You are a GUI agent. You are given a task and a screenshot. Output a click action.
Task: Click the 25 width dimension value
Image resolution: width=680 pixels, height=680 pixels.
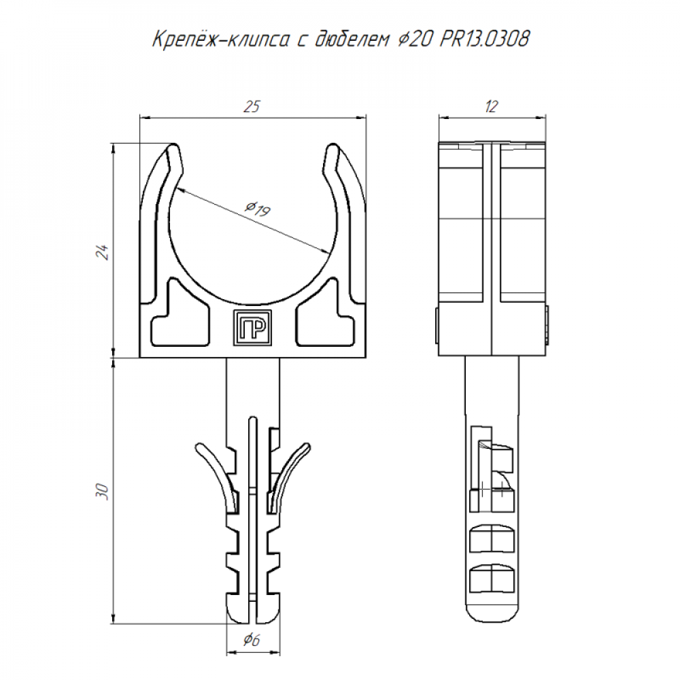[252, 106]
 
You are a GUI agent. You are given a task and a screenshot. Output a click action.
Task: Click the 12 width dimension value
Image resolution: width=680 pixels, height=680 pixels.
[492, 106]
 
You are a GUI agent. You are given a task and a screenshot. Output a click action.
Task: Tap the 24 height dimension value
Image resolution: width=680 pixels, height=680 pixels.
[103, 252]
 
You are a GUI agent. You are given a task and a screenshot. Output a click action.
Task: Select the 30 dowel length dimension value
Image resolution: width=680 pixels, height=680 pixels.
[103, 492]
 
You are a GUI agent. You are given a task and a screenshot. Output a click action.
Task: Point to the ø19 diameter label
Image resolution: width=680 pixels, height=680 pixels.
[258, 208]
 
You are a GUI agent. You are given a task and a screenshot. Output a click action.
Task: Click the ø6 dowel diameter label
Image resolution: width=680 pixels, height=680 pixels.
[252, 639]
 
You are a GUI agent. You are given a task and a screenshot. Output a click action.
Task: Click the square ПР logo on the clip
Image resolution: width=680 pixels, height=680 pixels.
[252, 328]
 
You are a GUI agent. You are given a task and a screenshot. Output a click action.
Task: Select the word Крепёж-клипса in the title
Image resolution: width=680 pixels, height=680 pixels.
[221, 39]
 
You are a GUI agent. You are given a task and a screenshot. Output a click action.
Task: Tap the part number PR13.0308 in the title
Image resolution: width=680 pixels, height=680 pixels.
[484, 39]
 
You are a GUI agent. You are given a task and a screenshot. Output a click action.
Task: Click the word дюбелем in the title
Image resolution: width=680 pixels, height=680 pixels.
[352, 39]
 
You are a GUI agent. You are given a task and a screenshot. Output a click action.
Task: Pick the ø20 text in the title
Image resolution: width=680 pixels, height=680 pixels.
[415, 39]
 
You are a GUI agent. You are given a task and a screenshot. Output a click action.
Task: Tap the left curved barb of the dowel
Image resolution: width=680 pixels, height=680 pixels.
[217, 476]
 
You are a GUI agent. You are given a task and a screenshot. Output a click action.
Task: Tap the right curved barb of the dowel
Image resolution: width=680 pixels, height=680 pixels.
[288, 476]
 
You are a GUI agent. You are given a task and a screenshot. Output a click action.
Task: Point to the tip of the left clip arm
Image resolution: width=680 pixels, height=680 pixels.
[173, 146]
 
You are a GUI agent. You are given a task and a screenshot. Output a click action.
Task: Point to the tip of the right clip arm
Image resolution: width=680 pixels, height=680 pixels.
[333, 146]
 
